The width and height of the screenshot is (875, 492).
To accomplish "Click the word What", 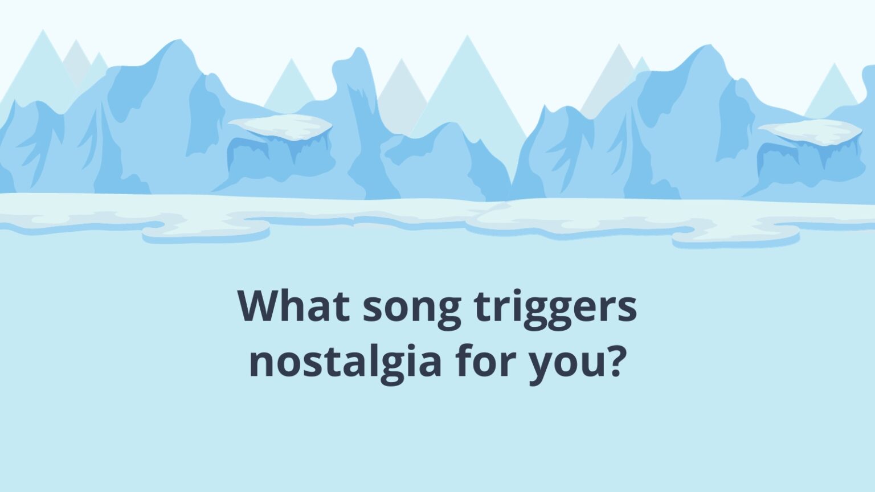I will point(293,306).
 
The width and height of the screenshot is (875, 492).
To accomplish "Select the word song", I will point(411,307).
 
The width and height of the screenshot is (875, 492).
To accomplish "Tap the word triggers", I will point(555,307).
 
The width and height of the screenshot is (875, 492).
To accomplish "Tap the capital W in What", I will point(260,306).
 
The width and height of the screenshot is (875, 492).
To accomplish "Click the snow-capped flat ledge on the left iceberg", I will point(280,126).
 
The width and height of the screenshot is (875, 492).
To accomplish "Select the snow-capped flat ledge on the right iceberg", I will point(809,131).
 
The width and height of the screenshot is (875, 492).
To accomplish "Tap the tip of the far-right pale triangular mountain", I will point(835,64).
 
